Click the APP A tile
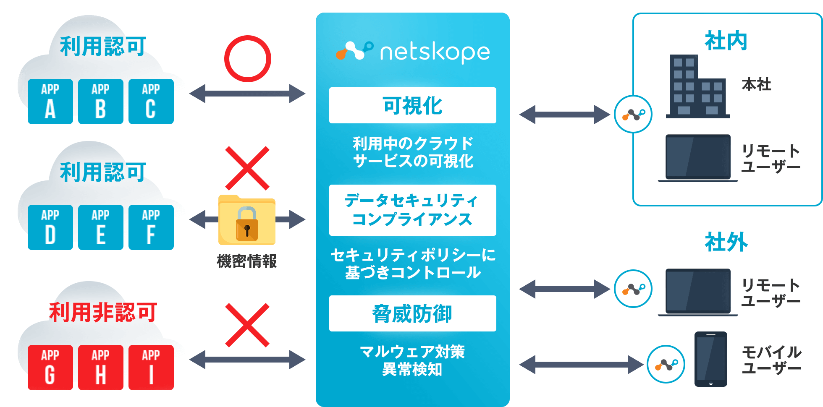pos(50,102)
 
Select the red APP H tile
pos(100,368)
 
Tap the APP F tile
pos(151,227)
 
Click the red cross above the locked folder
pos(247,168)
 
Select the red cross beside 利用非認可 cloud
pos(247,325)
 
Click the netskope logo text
pos(435,52)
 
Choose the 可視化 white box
pos(412,105)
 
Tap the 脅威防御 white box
pos(412,313)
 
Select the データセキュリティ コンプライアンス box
pos(412,210)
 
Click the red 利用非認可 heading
pos(103,313)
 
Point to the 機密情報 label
pos(246,261)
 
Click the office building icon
pos(697,87)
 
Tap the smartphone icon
pos(710,359)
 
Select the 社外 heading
pos(726,242)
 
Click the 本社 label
pos(756,84)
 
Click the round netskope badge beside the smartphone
pos(666,364)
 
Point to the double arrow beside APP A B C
pos(247,94)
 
